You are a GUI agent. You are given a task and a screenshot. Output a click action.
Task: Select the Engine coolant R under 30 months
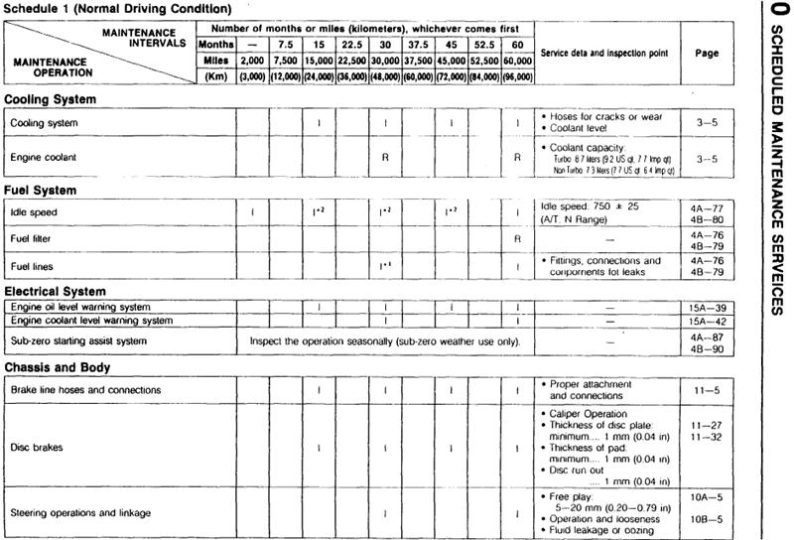point(383,158)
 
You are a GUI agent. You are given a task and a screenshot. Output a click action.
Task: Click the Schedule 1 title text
point(118,9)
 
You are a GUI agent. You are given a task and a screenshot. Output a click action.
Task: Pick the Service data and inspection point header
point(603,53)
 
